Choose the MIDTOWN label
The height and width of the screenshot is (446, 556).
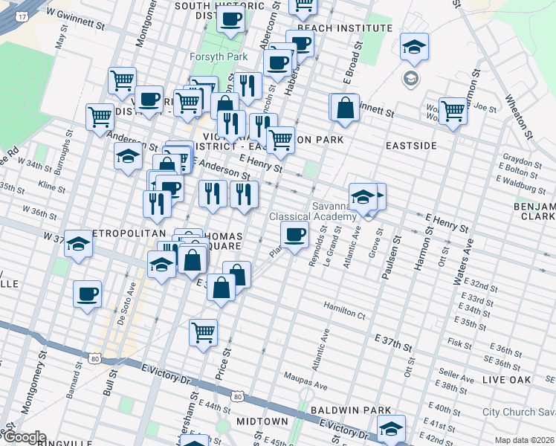pos(262,421)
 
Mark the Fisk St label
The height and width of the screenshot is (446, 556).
pos(456,343)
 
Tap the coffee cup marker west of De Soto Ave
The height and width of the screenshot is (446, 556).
pos(88,293)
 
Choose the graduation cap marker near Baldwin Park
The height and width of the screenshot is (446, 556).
pos(391,428)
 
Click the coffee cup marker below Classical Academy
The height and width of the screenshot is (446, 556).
pos(294,235)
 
